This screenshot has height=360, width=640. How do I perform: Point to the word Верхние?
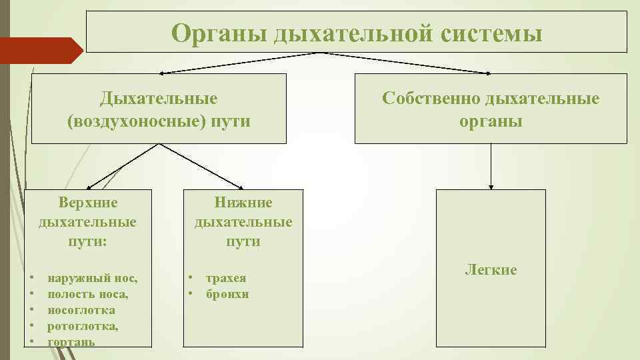pos(87,202)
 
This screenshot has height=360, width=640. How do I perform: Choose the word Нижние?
pos(243,202)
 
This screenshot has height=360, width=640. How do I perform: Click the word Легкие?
pos(491,270)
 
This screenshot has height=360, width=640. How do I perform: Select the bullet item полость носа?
pos(88,293)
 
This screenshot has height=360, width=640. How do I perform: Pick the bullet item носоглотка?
pos(81,309)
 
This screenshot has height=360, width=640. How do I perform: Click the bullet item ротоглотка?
pos(83,326)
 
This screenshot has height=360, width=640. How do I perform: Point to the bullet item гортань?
pos(71,341)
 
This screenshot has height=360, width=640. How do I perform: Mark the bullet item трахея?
pos(226,277)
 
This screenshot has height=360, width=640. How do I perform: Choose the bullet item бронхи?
pos(227,293)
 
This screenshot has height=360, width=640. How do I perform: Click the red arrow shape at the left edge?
pos(40,50)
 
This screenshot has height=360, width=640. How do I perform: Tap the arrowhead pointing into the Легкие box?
pos(491,186)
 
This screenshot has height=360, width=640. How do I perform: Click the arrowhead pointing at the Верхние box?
pos(90,186)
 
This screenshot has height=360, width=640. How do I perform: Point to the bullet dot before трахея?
pos(191,277)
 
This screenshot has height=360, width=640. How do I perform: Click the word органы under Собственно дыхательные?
pos(491,122)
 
